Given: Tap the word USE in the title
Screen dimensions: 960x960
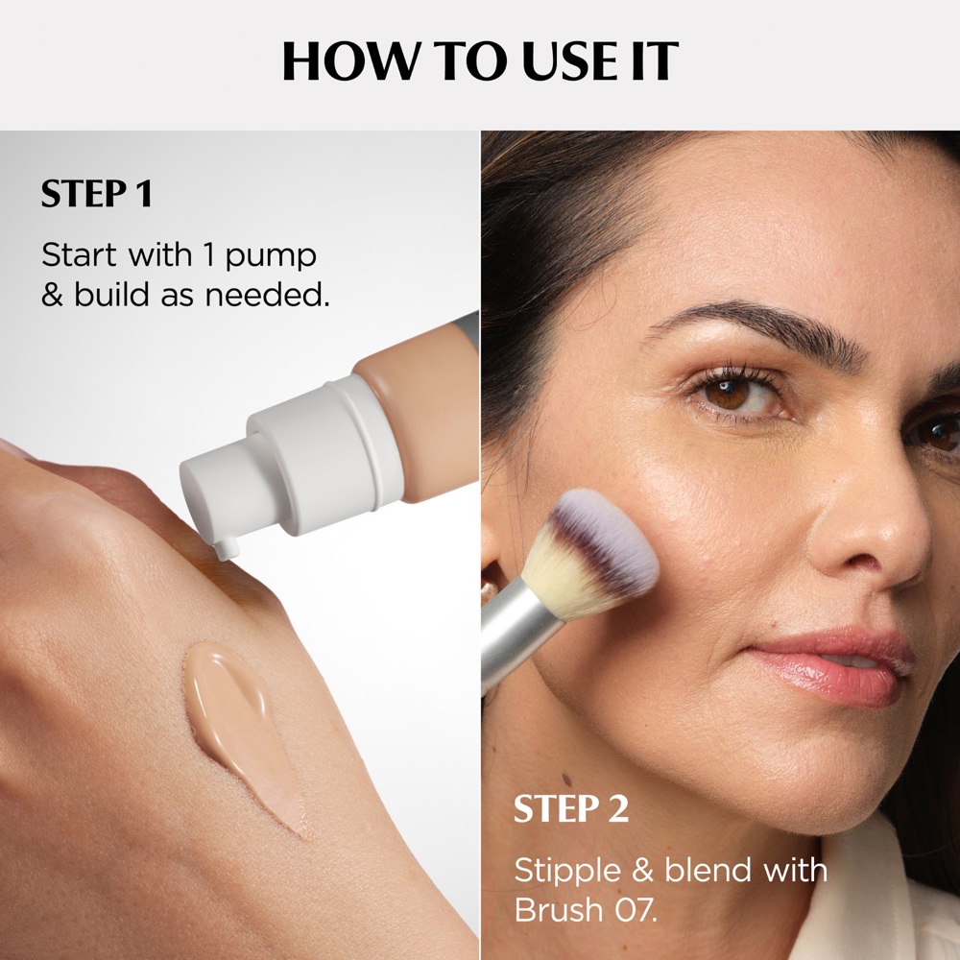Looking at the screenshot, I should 558,61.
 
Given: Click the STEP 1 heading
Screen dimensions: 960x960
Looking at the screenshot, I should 96,194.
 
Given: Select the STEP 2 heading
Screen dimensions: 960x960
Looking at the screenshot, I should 571,808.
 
